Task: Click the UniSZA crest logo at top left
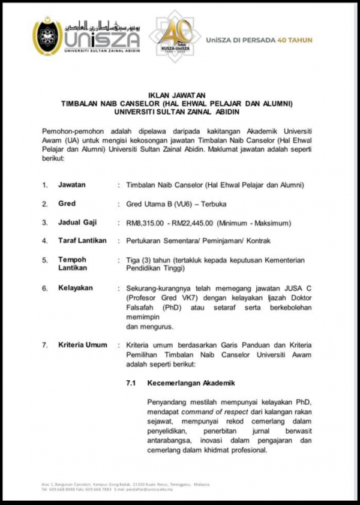tap(47, 36)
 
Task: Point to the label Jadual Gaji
tap(78, 223)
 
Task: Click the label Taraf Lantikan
tap(82, 241)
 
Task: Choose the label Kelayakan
tap(76, 288)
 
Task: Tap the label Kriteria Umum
tap(83, 345)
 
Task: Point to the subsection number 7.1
tap(131, 382)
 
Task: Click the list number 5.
tap(44, 260)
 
